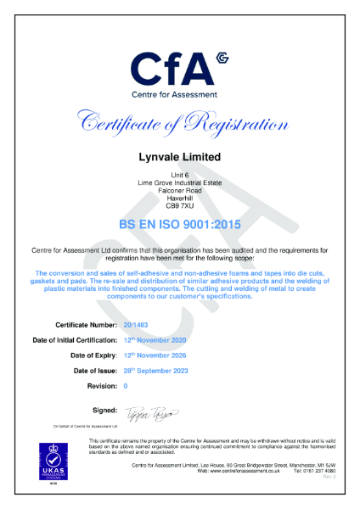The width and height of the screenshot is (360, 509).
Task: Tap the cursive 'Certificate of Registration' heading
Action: click(x=179, y=124)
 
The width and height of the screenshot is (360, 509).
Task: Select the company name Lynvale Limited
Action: click(x=179, y=157)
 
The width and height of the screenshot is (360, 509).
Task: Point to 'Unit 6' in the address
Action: click(x=179, y=175)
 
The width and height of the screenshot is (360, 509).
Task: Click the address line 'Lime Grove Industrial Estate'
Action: click(x=179, y=182)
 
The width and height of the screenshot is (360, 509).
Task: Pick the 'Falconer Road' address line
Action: click(x=179, y=190)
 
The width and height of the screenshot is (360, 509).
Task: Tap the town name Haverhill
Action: click(x=179, y=198)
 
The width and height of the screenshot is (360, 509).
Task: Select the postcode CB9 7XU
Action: click(x=179, y=205)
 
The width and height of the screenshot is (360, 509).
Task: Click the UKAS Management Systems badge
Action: click(x=53, y=465)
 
